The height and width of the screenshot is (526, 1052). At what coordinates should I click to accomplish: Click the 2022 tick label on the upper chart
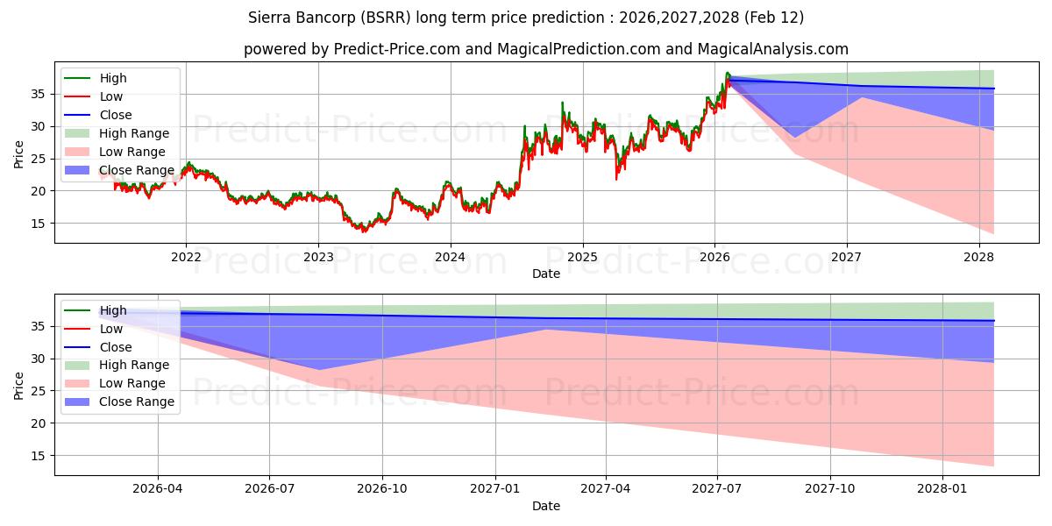[x=186, y=257]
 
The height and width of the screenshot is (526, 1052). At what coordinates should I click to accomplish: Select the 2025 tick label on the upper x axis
[x=582, y=257]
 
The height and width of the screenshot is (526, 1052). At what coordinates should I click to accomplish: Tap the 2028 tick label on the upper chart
[x=979, y=257]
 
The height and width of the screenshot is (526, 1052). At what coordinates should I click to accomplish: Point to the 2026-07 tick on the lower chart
[x=270, y=489]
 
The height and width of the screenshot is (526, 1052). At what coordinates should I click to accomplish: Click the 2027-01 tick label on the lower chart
[x=495, y=489]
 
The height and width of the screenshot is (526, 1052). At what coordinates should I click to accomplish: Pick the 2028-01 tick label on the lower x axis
[x=942, y=489]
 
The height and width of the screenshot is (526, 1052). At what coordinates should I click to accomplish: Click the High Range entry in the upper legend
[x=134, y=133]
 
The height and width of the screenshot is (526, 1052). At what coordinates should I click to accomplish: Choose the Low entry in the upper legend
[x=111, y=96]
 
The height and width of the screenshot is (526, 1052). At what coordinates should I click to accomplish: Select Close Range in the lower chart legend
[x=137, y=402]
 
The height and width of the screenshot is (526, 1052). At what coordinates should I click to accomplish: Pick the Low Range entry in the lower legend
[x=132, y=383]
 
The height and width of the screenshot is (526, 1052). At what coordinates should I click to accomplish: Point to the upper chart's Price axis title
[x=19, y=154]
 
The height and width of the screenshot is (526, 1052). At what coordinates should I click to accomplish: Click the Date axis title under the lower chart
[x=545, y=506]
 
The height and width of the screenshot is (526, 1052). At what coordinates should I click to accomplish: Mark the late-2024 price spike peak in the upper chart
[x=562, y=103]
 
